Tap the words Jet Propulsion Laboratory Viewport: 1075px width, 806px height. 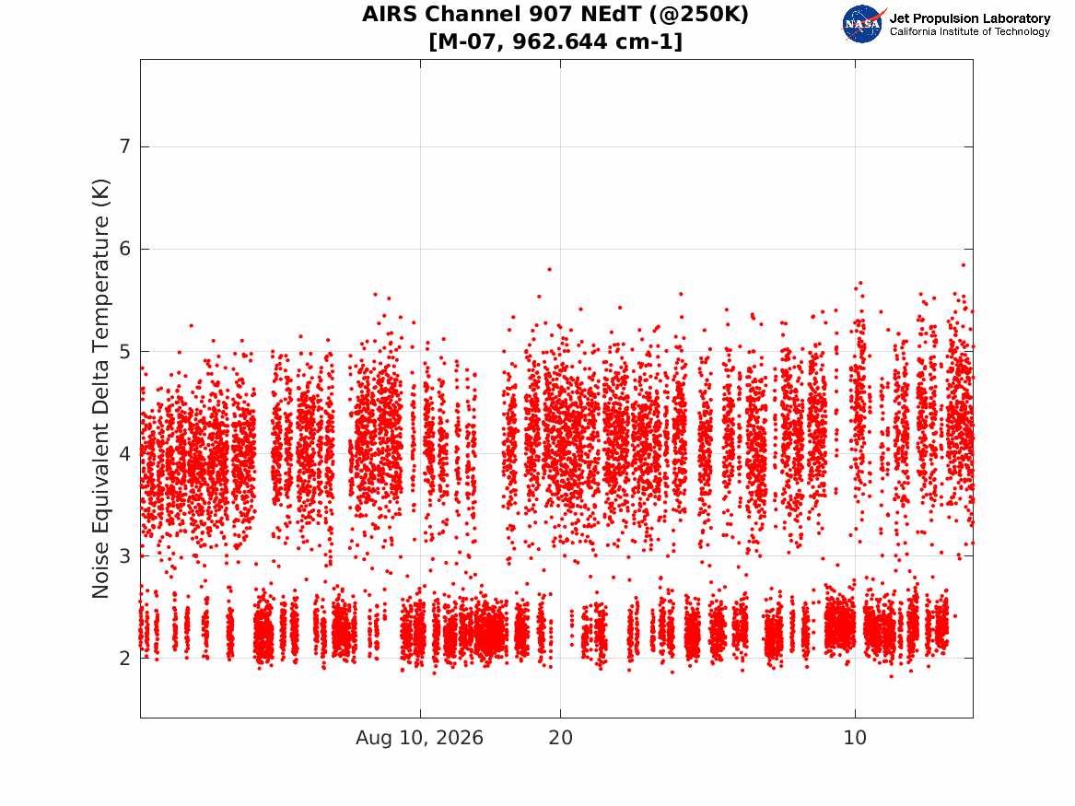pyautogui.click(x=970, y=18)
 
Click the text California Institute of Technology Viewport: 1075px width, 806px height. pyautogui.click(x=970, y=31)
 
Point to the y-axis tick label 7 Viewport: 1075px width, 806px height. pyautogui.click(x=124, y=146)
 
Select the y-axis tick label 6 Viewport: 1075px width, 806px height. pyautogui.click(x=124, y=249)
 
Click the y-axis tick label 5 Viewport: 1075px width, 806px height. pyautogui.click(x=124, y=351)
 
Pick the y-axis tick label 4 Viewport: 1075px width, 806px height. pyautogui.click(x=124, y=454)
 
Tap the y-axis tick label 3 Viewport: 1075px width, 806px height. pyautogui.click(x=124, y=555)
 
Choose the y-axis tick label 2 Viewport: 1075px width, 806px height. pyautogui.click(x=124, y=658)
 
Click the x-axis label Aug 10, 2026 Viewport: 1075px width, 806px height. pyautogui.click(x=419, y=738)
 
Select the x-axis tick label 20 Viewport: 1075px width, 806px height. pyautogui.click(x=560, y=738)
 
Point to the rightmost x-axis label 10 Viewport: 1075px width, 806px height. pyautogui.click(x=855, y=738)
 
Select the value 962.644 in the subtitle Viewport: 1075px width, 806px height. pyautogui.click(x=560, y=41)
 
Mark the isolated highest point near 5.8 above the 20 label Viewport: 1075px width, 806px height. pyautogui.click(x=549, y=269)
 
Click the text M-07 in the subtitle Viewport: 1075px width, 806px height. pyautogui.click(x=469, y=41)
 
